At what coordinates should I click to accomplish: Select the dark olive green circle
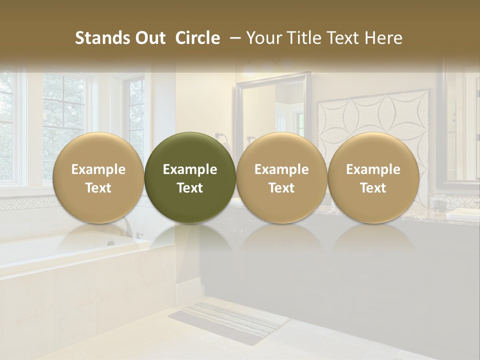[190, 177]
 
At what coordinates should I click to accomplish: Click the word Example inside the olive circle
[190, 169]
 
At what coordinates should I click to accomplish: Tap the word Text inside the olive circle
[190, 188]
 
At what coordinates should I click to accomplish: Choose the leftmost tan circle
[98, 177]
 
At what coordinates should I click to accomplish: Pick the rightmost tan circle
[373, 177]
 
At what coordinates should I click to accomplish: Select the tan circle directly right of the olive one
[281, 177]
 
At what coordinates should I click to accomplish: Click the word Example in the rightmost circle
[373, 169]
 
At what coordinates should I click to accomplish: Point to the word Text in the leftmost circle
[98, 188]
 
